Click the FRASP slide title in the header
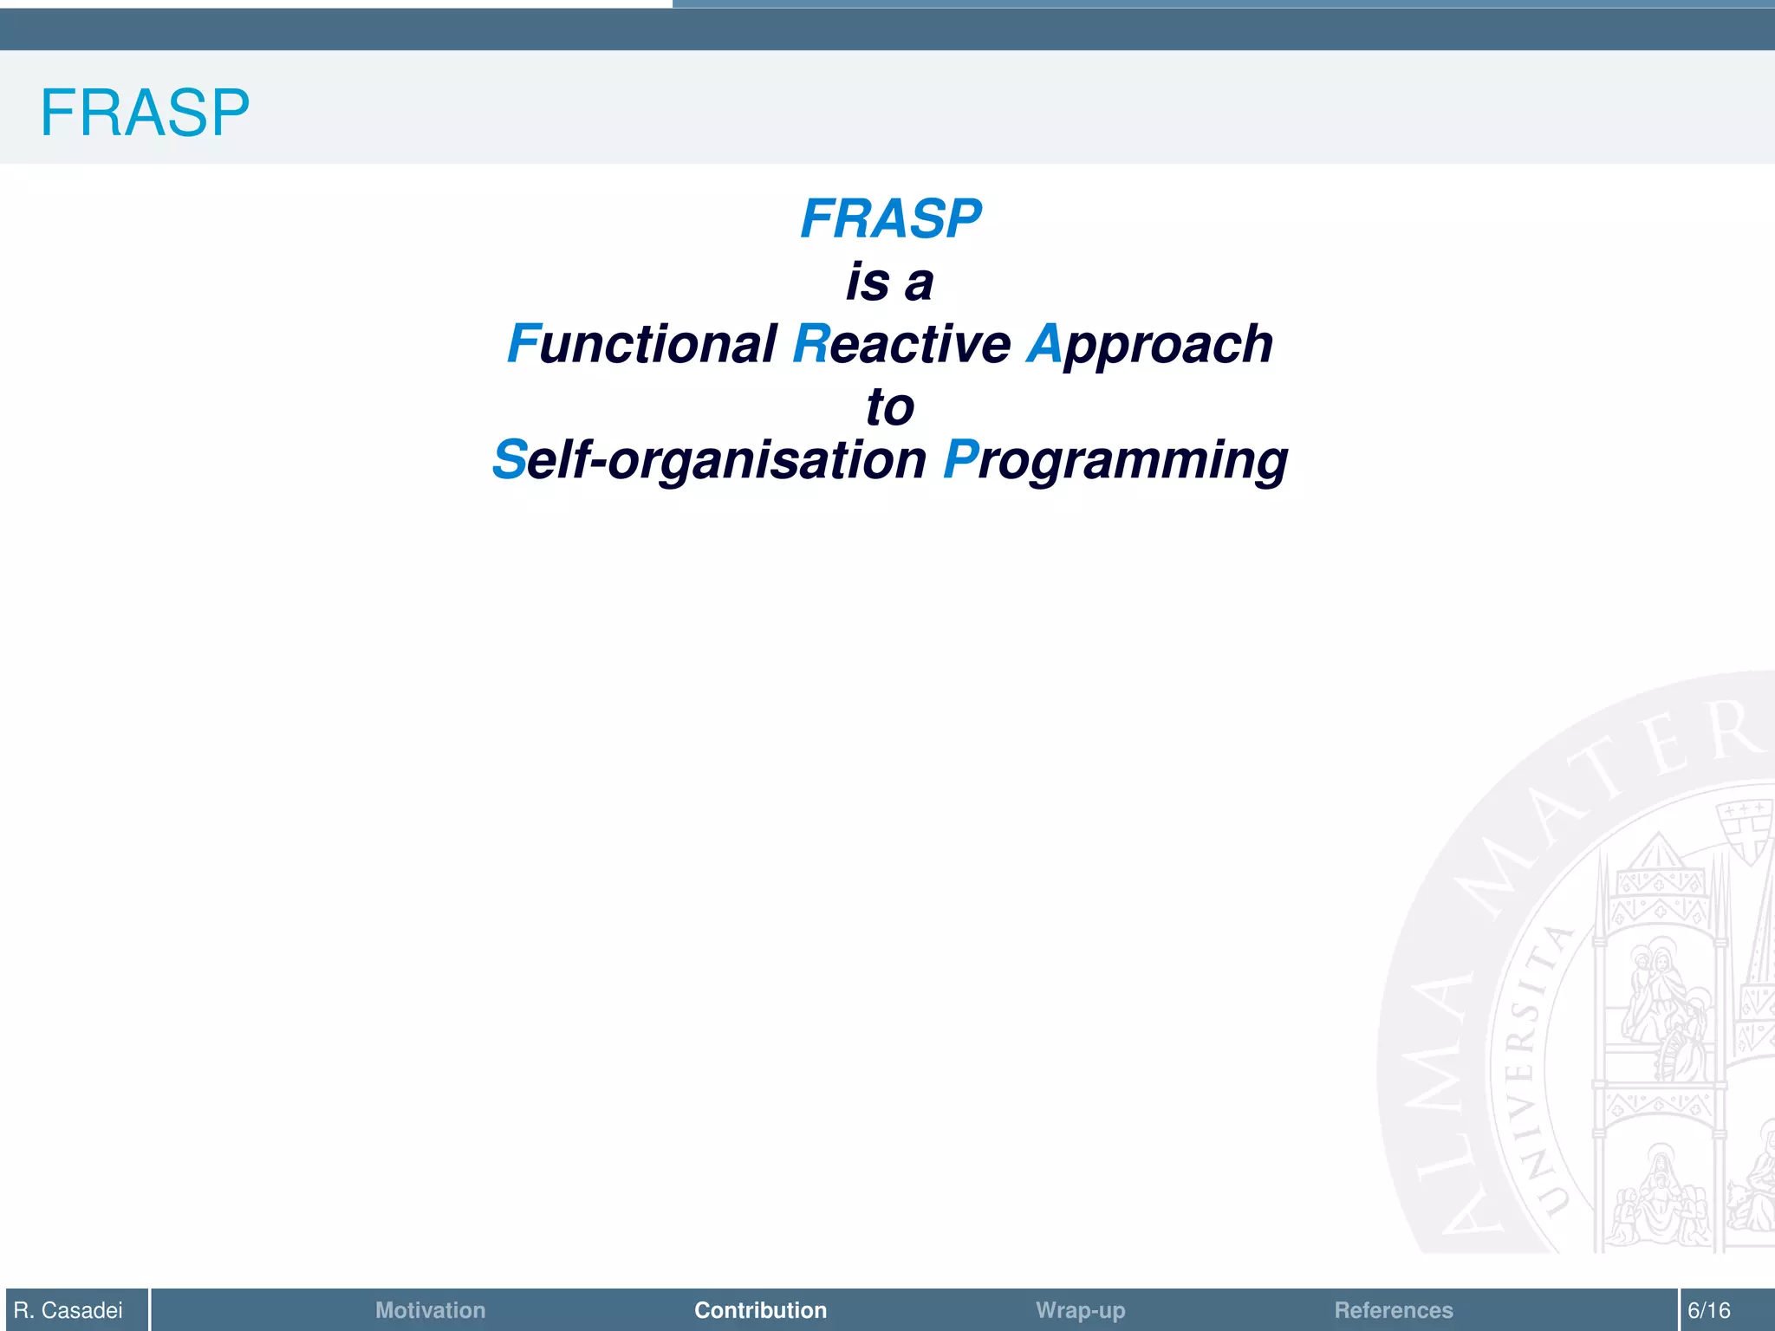[x=145, y=113]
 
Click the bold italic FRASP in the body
[x=890, y=218]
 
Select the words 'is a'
[x=890, y=282]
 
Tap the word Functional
[x=642, y=344]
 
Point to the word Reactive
[x=902, y=344]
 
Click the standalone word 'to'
[x=890, y=407]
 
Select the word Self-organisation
[x=710, y=460]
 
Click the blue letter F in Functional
[x=523, y=344]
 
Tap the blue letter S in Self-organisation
[x=510, y=459]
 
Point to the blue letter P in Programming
[x=960, y=459]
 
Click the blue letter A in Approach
[x=1044, y=344]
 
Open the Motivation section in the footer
[x=430, y=1310]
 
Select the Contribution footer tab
[x=760, y=1310]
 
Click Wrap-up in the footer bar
[x=1080, y=1310]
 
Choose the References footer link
[x=1393, y=1310]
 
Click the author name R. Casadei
[x=68, y=1310]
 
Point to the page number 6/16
[x=1708, y=1310]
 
